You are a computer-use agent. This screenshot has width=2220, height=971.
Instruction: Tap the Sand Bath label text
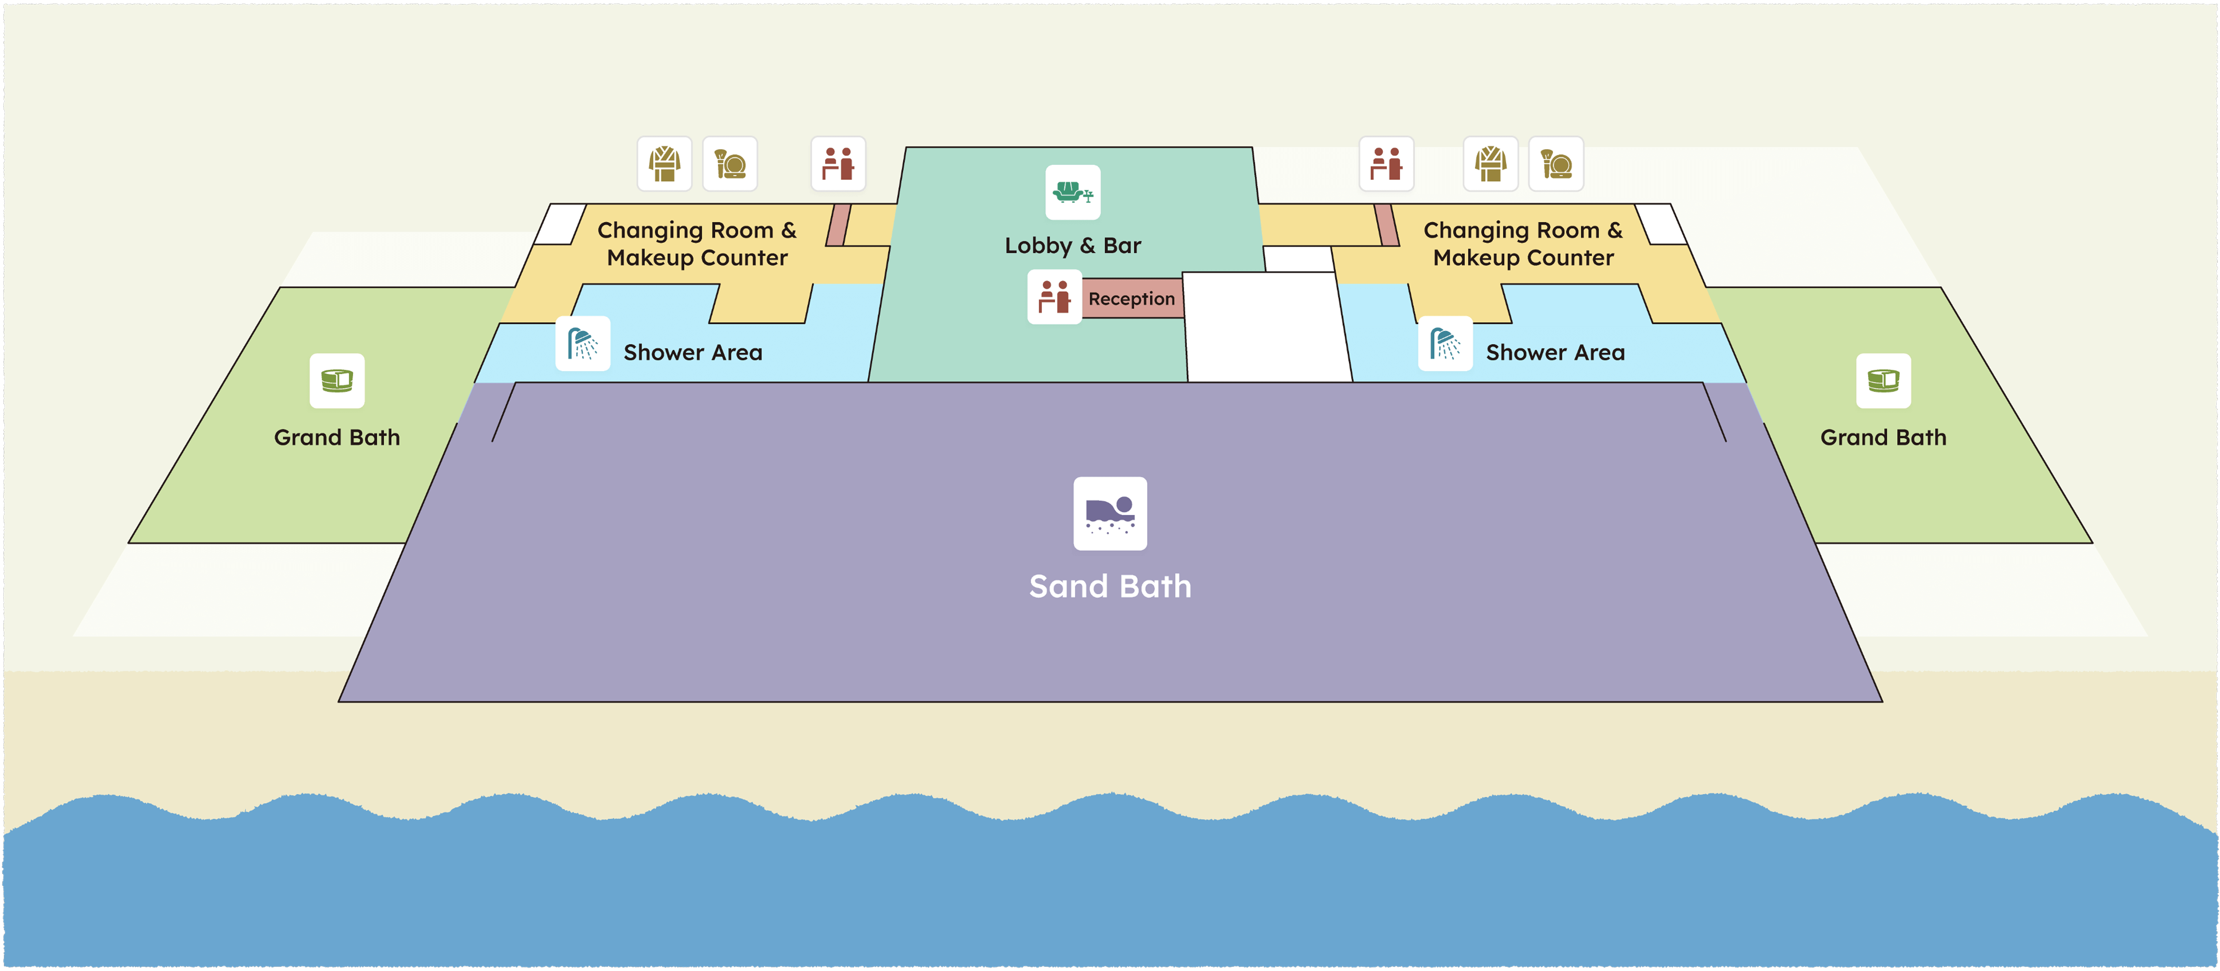click(x=1110, y=587)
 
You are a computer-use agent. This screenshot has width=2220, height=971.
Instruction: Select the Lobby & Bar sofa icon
click(x=1073, y=192)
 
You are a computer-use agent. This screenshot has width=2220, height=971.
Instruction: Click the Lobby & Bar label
click(x=1073, y=246)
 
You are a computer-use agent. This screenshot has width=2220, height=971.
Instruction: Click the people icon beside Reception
click(x=1054, y=297)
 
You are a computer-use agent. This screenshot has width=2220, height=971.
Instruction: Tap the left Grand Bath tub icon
click(x=337, y=380)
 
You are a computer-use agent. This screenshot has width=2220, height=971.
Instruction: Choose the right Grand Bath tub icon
click(x=1883, y=380)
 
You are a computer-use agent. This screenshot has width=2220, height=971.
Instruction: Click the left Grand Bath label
click(x=337, y=437)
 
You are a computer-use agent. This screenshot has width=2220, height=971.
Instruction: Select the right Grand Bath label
click(x=1883, y=437)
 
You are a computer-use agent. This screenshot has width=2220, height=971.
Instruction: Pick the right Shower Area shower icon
click(x=1445, y=343)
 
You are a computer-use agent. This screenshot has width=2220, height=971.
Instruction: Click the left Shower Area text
click(x=693, y=353)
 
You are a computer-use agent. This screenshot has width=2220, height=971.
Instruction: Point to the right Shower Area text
click(x=1556, y=353)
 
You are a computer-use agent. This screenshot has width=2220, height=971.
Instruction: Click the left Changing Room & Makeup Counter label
click(x=697, y=244)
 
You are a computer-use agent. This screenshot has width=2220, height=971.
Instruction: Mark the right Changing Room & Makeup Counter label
click(x=1523, y=244)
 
